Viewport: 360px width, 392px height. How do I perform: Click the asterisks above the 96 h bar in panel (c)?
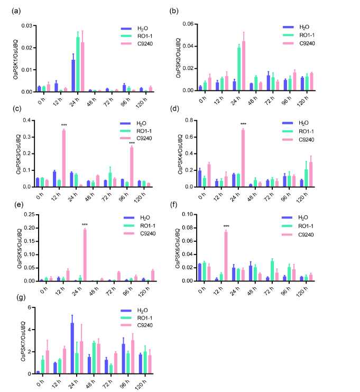click(132, 143)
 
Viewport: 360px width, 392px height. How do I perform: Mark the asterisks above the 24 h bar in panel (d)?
click(243, 124)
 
